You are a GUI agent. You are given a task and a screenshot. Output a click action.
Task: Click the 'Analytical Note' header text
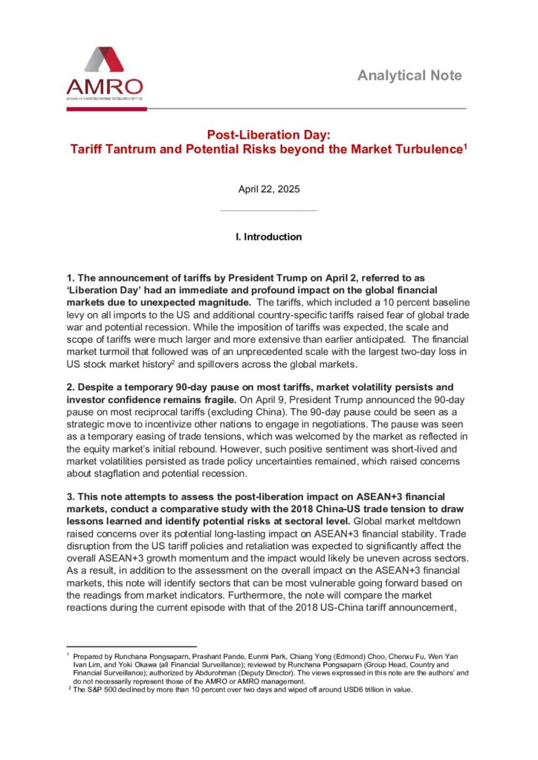pyautogui.click(x=409, y=76)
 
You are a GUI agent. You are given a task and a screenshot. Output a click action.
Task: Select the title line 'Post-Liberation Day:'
pyautogui.click(x=268, y=135)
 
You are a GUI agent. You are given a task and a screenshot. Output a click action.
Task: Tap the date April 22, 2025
pyautogui.click(x=268, y=189)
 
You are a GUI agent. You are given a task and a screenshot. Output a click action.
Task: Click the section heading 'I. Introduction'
pyautogui.click(x=268, y=237)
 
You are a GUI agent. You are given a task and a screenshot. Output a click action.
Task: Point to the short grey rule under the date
pyautogui.click(x=268, y=211)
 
